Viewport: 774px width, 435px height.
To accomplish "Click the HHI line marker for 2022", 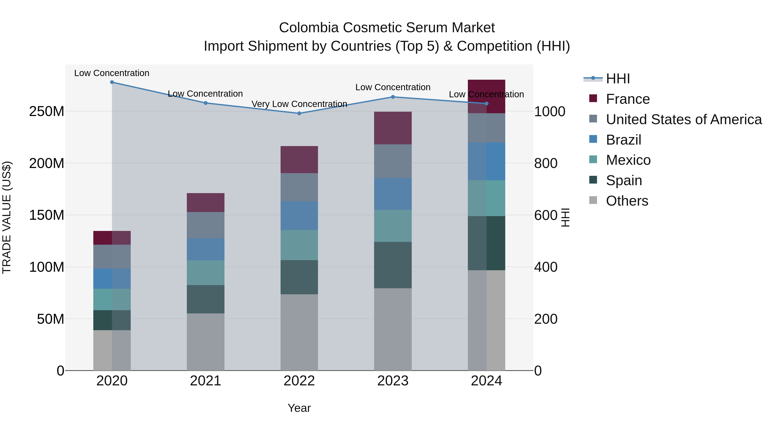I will tap(299, 113).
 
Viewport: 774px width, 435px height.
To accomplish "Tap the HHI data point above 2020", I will tap(112, 82).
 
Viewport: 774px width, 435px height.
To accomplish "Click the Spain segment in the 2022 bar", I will tap(299, 277).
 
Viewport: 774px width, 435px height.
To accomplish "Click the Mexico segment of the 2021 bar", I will tap(206, 273).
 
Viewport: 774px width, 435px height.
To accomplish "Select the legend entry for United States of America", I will tap(683, 119).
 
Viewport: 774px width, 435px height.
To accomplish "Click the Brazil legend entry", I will tap(623, 140).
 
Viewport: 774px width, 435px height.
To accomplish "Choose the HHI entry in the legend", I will tap(618, 79).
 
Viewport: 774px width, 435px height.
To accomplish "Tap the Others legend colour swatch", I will tap(593, 200).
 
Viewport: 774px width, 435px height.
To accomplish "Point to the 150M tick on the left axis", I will tap(47, 215).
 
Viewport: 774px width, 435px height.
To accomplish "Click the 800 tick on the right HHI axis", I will tap(546, 164).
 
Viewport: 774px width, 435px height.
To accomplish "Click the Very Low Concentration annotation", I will tap(299, 104).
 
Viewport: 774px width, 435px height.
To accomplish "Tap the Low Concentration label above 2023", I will tap(393, 87).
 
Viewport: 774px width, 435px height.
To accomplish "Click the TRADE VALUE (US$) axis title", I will tap(7, 217).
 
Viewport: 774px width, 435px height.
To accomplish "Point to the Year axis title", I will tap(299, 408).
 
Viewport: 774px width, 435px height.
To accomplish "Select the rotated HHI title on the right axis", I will tap(565, 217).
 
